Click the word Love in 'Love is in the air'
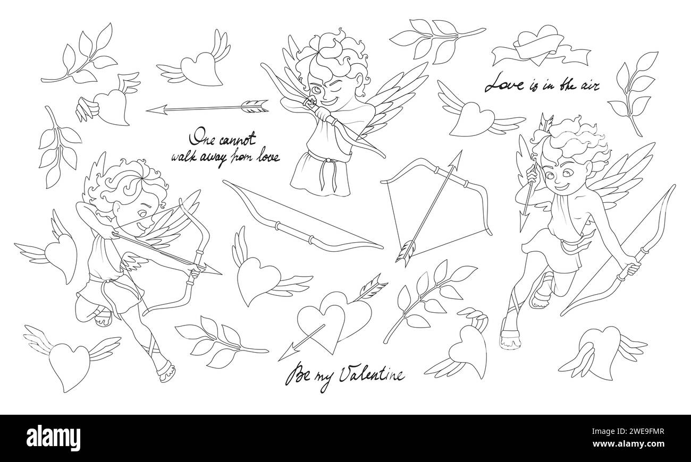[504, 83]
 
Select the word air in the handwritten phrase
[588, 85]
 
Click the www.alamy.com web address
[628, 444]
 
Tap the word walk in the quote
[182, 157]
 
